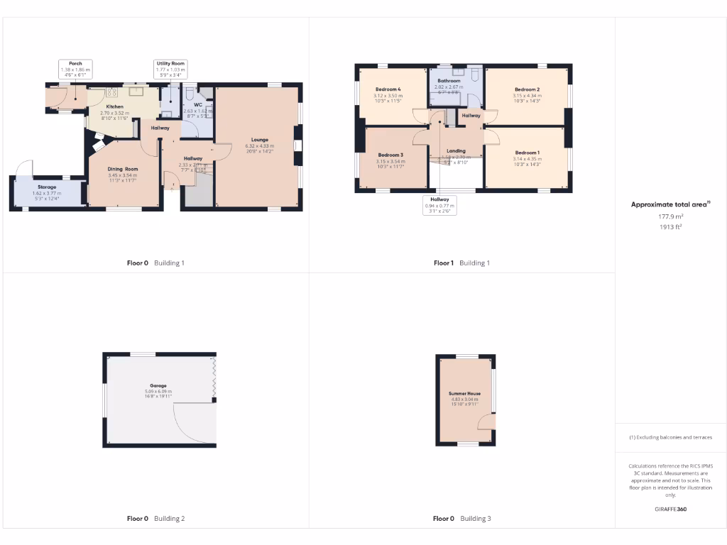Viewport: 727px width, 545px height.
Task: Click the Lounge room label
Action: (258, 140)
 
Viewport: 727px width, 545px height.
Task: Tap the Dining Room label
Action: (122, 169)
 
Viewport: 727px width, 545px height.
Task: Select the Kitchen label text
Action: (115, 106)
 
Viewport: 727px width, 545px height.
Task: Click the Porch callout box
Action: (75, 70)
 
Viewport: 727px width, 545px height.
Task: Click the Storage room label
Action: (47, 187)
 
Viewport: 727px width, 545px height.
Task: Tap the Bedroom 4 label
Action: (388, 89)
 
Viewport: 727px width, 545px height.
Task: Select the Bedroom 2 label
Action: (527, 89)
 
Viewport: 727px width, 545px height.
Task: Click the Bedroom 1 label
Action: (527, 153)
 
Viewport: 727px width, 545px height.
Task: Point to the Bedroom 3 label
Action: (390, 155)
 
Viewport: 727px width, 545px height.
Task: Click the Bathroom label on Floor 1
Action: (449, 82)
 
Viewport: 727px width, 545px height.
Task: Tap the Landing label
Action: (456, 151)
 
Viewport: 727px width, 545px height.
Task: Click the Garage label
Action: (158, 386)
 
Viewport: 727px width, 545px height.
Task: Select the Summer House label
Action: (464, 394)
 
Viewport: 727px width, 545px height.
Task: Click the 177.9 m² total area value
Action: (670, 217)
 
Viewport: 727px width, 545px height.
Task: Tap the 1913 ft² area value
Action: (670, 227)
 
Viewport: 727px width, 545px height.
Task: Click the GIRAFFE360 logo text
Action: (670, 509)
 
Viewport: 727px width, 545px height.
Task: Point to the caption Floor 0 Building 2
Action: (155, 519)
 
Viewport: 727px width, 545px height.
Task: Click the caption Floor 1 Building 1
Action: (461, 263)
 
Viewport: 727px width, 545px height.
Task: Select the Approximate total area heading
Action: (670, 204)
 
